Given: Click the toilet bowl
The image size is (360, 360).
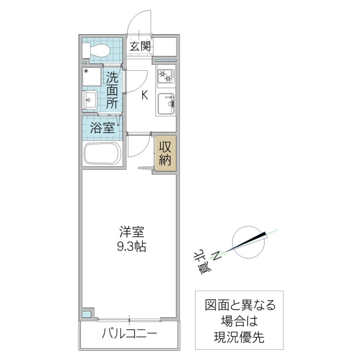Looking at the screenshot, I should tap(100, 50).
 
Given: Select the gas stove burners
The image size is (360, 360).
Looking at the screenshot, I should tap(166, 77).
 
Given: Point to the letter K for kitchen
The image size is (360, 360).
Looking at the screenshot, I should tap(145, 94).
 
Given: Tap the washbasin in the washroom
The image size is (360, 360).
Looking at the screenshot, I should tap(91, 100).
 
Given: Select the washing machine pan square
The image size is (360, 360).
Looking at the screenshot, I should tap(92, 77).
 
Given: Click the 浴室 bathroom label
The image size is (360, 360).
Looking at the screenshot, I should tap(102, 127).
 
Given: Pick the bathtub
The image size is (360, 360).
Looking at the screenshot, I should tap(103, 154).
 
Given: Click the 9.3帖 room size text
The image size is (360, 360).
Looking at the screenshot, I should tap(131, 245).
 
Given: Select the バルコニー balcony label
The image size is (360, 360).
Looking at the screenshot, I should tap(129, 334).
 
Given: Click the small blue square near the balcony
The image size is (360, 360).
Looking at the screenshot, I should tap(87, 314).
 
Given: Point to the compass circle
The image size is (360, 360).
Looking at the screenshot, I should tap(248, 242).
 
